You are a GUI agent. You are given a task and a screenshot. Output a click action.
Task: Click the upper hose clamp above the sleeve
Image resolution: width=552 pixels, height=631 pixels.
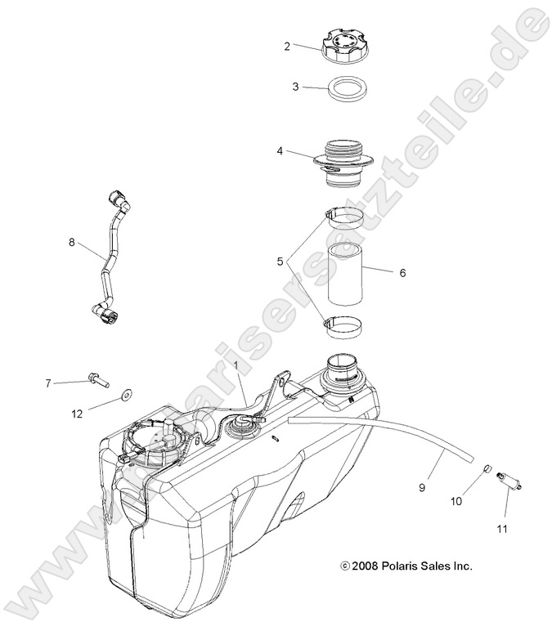(x=347, y=217)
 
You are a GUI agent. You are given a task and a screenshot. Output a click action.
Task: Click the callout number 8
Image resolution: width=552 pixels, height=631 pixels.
(x=72, y=242)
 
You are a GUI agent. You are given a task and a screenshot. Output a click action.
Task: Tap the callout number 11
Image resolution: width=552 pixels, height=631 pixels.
(x=501, y=529)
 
